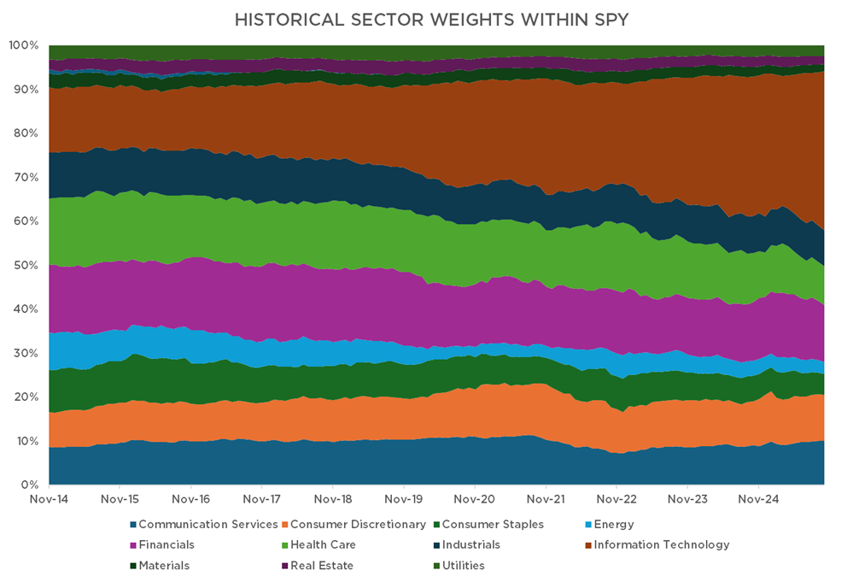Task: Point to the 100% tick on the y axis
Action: (23, 45)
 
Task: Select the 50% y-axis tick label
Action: (26, 265)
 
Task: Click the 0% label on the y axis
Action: (30, 485)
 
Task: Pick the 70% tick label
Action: (26, 177)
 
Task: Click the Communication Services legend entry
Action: (207, 524)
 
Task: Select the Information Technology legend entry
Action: (662, 544)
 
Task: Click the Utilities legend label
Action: (464, 565)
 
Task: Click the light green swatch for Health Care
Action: (284, 544)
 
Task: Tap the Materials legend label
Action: (164, 565)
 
